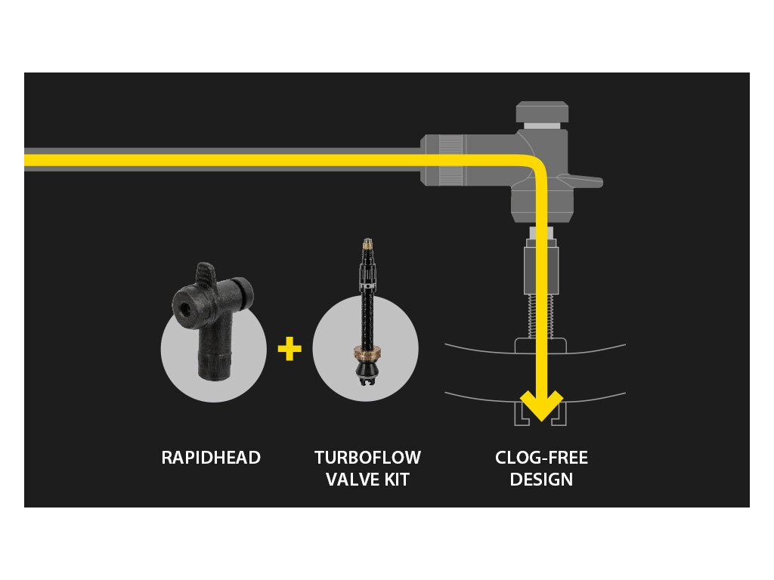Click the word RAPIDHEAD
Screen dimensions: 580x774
click(x=211, y=458)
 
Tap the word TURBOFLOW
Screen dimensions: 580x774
click(x=367, y=458)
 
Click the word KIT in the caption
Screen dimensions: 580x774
click(x=397, y=480)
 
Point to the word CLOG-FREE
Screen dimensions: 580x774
click(x=541, y=458)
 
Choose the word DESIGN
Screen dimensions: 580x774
click(x=541, y=480)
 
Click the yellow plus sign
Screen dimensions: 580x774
click(x=289, y=349)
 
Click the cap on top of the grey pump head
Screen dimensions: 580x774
click(x=542, y=113)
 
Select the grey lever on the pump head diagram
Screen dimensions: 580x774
click(x=584, y=181)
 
